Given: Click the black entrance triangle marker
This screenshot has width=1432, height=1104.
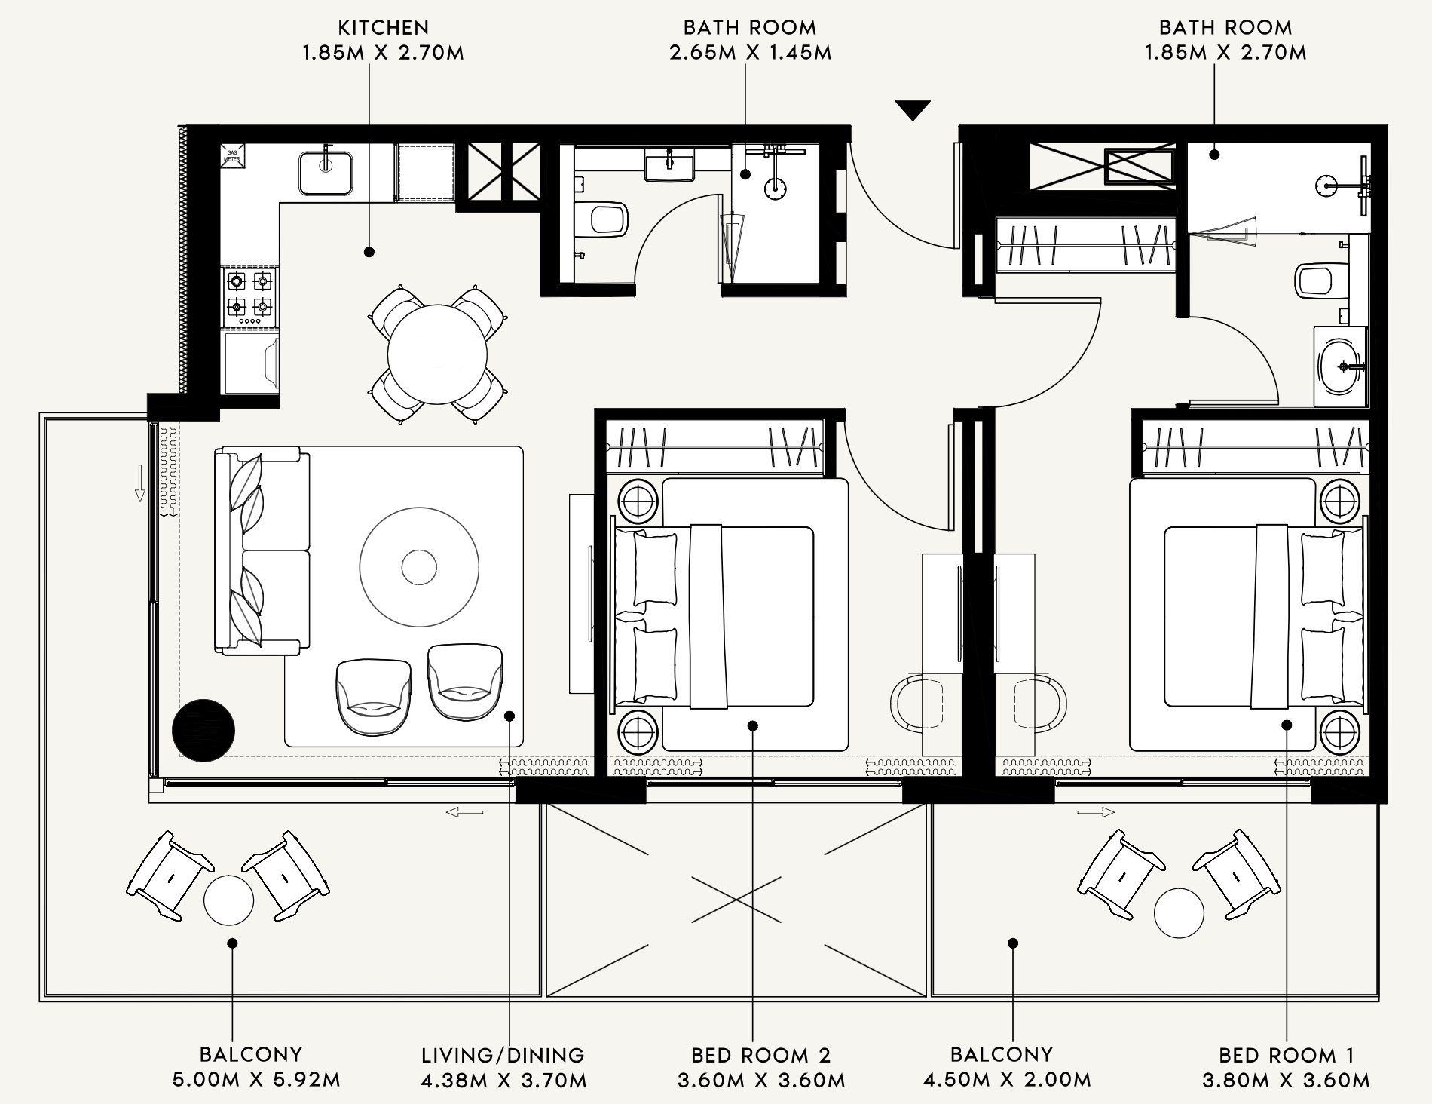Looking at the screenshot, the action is coord(913,109).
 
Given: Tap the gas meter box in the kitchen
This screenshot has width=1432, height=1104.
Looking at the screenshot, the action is coord(232,158).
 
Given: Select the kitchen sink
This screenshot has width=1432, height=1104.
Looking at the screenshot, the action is coord(326,173).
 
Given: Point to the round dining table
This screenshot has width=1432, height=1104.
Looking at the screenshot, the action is coord(437,354).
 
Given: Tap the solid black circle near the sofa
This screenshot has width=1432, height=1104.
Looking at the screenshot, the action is coord(203,731).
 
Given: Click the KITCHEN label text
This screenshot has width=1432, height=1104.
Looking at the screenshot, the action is coord(384,28).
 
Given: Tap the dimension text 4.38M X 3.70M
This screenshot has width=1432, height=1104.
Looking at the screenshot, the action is coord(504,1081).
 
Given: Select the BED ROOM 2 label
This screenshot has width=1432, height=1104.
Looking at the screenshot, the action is coord(761,1055).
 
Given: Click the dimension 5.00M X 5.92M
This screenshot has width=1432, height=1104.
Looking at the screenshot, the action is coord(257,1080).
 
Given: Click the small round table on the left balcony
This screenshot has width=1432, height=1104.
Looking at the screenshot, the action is coord(229,900).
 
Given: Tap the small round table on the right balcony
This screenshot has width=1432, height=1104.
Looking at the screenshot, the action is coord(1179,912).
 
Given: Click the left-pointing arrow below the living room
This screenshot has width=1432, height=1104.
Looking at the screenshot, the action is coord(464,812).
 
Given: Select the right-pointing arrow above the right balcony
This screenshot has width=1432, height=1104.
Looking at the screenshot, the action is coord(1096,812).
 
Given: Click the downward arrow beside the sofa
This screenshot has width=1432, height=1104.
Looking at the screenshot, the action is coord(139,483).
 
